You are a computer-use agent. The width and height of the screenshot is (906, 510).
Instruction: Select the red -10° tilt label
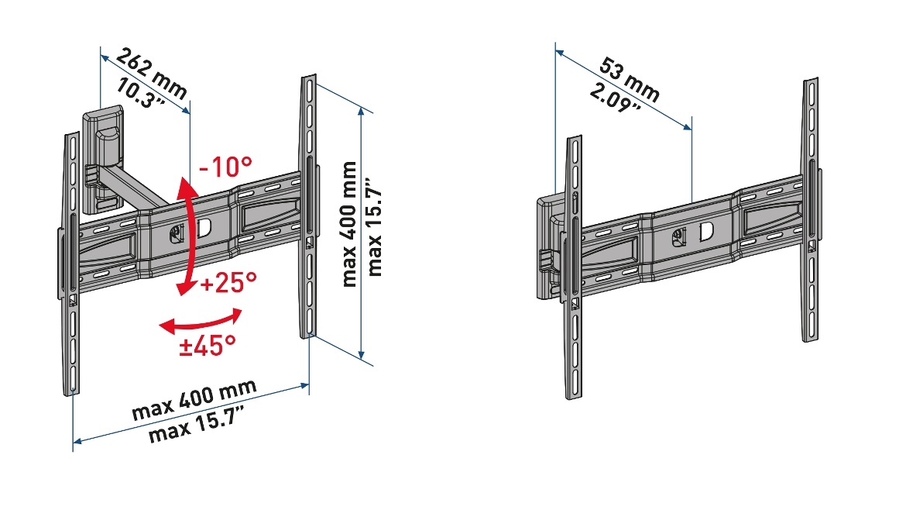tap(225, 167)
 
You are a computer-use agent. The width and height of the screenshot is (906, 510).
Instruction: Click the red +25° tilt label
tap(228, 283)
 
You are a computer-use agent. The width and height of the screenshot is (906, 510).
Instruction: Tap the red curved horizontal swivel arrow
tap(201, 321)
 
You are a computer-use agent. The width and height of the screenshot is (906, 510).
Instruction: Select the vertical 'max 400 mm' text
tap(349, 224)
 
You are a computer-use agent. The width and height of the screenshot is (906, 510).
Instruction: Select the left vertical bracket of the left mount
tap(70, 264)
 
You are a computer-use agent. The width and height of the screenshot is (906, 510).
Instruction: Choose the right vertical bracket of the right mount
tap(810, 209)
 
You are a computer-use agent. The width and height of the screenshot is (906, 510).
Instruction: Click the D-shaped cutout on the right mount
tap(707, 232)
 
